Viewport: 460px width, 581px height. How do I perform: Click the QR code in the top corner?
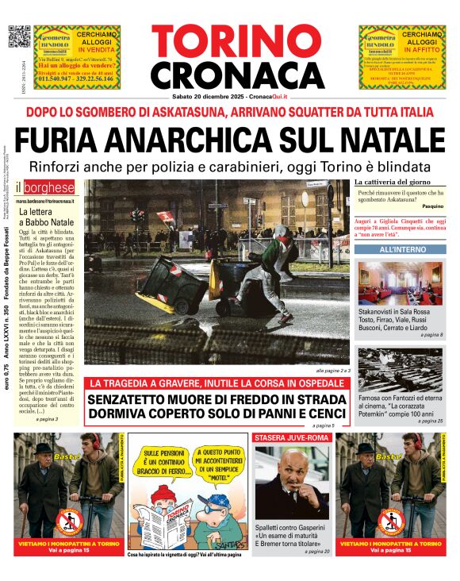(18, 37)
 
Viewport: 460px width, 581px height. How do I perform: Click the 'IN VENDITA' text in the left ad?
(98, 50)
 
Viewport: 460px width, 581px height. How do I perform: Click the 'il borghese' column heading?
(48, 188)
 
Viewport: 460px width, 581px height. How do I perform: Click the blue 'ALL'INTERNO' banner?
(400, 249)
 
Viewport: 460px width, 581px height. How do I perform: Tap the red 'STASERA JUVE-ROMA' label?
(290, 437)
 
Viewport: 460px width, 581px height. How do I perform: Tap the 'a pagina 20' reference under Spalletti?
(316, 551)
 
